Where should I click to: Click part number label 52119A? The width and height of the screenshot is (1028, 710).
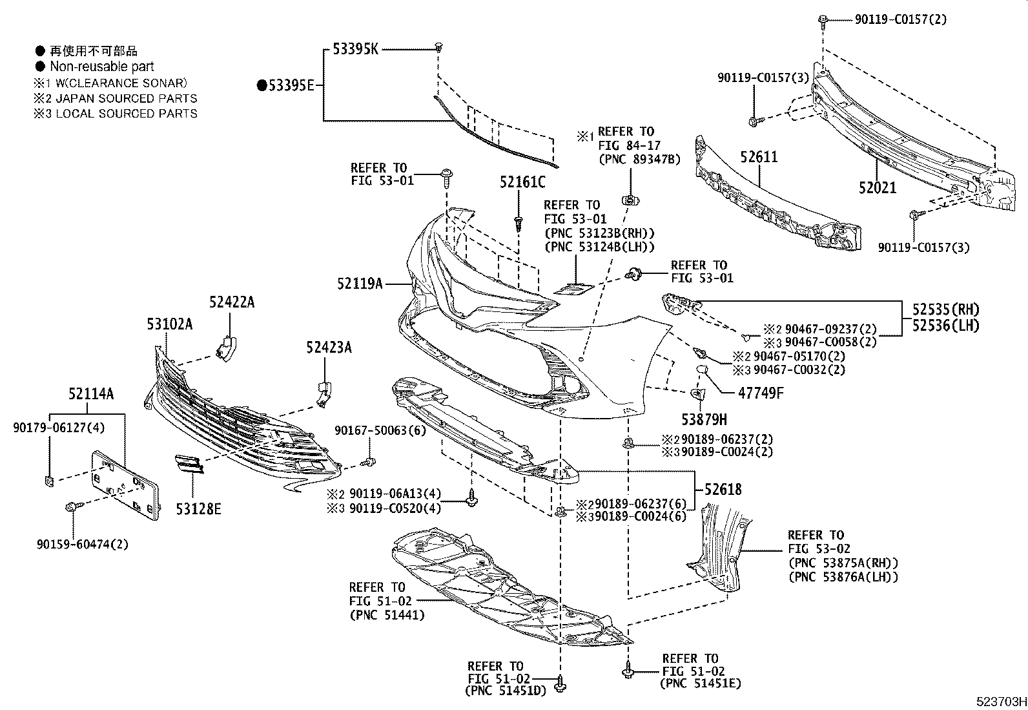[x=360, y=283]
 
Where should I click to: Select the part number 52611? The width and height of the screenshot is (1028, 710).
[x=759, y=157]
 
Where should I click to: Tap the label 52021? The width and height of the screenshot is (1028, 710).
[x=878, y=188]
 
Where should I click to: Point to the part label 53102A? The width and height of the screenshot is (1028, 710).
[x=170, y=324]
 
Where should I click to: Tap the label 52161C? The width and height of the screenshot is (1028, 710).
[x=522, y=183]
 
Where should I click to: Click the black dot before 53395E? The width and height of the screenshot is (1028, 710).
[x=262, y=85]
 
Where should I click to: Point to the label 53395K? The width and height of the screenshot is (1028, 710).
[x=356, y=48]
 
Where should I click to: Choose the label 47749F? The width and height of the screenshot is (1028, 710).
[x=761, y=392]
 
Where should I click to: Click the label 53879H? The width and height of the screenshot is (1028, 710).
[x=704, y=419]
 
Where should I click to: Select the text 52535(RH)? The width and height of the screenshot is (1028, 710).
[x=945, y=309]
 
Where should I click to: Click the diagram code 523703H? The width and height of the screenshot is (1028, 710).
[x=1001, y=701]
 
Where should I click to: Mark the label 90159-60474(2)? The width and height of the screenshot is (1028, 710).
[x=82, y=544]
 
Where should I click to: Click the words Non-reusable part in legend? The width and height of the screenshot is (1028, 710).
[x=102, y=66]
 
